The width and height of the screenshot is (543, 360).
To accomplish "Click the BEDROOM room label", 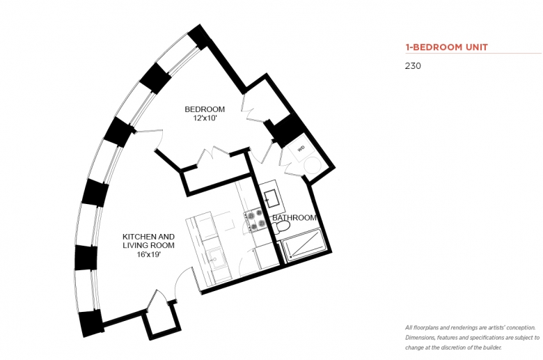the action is [205, 109].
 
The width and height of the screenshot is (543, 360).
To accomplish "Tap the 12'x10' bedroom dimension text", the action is [205, 118].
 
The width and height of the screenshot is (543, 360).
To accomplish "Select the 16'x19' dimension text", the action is [148, 254].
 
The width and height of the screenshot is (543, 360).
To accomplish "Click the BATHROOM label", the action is [294, 217].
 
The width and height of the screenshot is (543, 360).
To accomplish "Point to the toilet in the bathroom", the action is [281, 227].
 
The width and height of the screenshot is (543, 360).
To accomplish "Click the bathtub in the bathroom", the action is [304, 244].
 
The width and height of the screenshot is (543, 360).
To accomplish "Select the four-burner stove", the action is [255, 220].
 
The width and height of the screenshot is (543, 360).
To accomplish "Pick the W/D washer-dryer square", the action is [300, 148].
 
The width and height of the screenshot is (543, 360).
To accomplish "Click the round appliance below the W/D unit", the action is [313, 166].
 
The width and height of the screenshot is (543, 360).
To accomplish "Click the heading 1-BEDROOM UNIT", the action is [446, 47].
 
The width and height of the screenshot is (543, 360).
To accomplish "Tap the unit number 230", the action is [413, 66].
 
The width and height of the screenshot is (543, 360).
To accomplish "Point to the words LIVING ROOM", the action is [148, 245].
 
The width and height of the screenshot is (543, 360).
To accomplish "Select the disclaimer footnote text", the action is [472, 338].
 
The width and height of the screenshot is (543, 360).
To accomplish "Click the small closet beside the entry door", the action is [162, 322].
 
